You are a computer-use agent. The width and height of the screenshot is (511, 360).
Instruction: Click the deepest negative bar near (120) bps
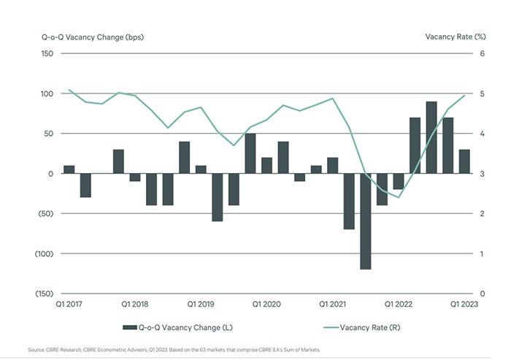(366, 221)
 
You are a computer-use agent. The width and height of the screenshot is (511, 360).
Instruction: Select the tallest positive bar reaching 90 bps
(431, 137)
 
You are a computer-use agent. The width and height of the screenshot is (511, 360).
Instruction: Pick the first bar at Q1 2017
(69, 169)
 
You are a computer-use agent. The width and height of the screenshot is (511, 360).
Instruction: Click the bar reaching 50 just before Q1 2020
(250, 153)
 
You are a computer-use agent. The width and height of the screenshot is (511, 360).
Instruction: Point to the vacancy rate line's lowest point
(399, 197)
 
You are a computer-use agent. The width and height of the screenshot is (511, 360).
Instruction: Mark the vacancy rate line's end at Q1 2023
(464, 96)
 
